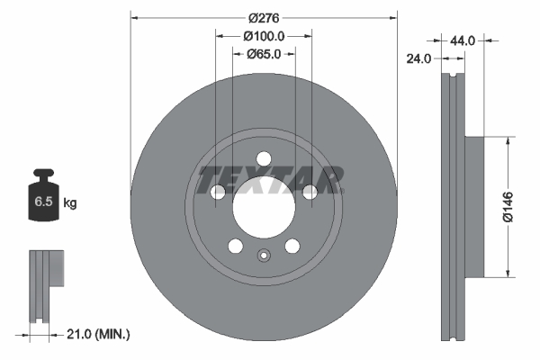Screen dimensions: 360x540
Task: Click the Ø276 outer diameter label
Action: pyautogui.click(x=263, y=18)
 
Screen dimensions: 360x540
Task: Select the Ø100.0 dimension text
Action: pyautogui.click(x=264, y=36)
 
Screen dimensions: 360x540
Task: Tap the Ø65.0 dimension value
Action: pyautogui.click(x=264, y=54)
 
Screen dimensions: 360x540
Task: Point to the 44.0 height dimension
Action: pyautogui.click(x=463, y=40)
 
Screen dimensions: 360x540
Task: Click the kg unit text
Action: pyautogui.click(x=69, y=203)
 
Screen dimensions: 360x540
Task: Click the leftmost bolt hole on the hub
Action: pyautogui.click(x=218, y=193)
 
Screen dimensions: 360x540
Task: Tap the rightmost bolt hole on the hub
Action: pyautogui.click(x=310, y=191)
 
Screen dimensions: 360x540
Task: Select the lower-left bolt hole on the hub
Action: pyautogui.click(x=235, y=247)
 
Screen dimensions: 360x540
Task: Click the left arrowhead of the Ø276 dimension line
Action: pyautogui.click(x=135, y=18)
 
